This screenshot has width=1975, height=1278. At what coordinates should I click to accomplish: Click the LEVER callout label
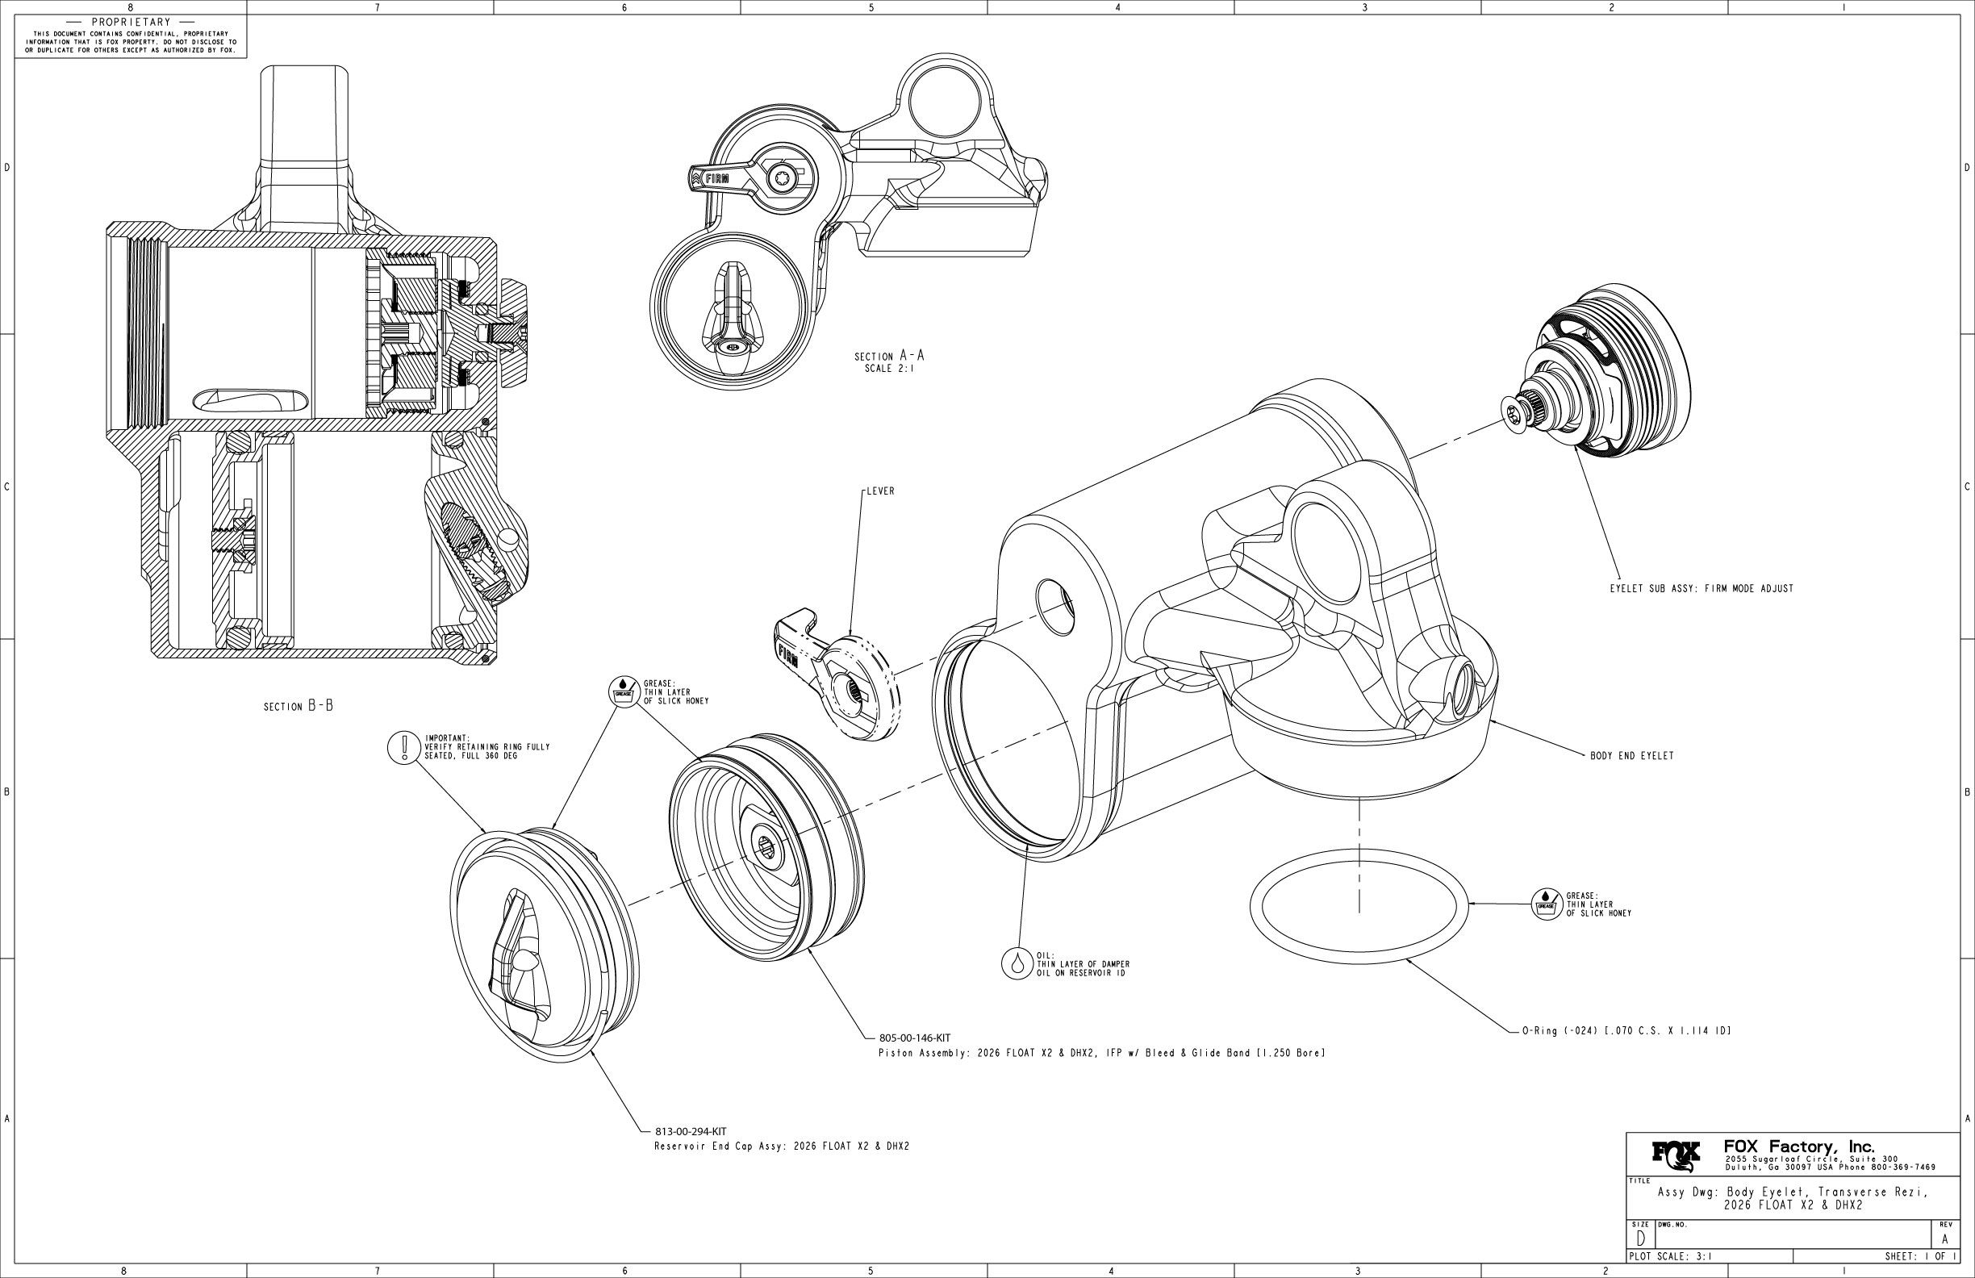coord(880,491)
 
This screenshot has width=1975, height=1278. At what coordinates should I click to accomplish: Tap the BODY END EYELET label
coord(1631,756)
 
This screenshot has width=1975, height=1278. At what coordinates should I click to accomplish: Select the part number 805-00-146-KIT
coord(914,1038)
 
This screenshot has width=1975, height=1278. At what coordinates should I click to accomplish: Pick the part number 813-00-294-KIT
coord(691,1131)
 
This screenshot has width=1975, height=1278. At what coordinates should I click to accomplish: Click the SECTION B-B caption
coord(298,706)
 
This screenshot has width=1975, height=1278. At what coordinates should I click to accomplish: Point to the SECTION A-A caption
coord(889,357)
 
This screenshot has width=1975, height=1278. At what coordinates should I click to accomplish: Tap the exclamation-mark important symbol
coord(404,747)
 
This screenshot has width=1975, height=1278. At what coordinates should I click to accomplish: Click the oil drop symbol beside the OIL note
coord(1017,963)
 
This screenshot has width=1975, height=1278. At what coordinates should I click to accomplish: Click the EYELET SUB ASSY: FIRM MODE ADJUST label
coord(1702,588)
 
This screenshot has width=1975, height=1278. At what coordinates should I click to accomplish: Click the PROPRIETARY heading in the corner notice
coord(132,22)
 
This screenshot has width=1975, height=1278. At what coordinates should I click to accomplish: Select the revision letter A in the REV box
coord(1944,1239)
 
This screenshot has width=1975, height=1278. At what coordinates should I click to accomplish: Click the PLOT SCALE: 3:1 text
coord(1663,1256)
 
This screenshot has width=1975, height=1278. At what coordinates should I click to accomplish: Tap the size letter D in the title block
coord(1640,1240)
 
